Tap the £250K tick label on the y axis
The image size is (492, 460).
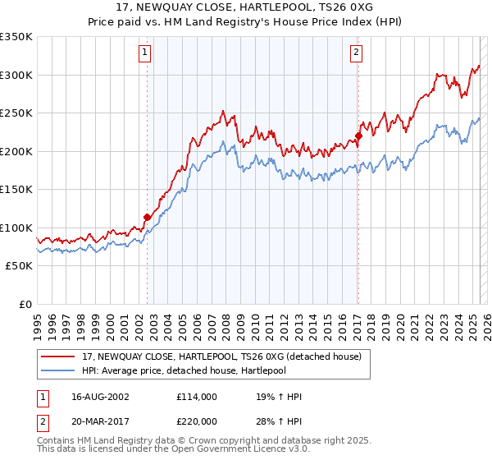tap(16, 113)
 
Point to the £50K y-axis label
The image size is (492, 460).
tap(19, 266)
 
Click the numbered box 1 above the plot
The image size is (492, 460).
tap(144, 53)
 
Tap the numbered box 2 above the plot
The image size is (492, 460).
tap(357, 53)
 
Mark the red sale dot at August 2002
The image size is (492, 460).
tap(148, 218)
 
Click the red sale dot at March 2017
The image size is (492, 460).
tap(358, 136)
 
